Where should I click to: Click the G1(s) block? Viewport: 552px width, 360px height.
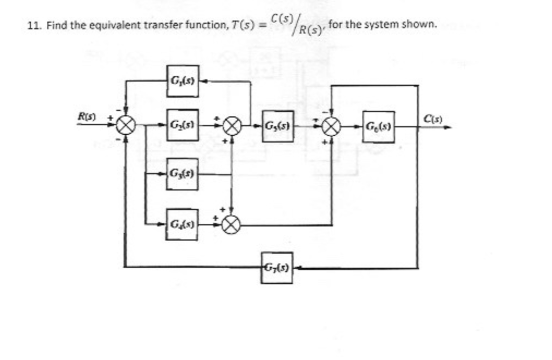pos(182,81)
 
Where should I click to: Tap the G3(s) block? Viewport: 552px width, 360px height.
pos(182,174)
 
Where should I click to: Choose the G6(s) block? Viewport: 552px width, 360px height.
pos(378,127)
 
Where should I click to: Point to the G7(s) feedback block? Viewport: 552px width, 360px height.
pos(277,267)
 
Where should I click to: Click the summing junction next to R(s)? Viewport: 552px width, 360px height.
pos(126,127)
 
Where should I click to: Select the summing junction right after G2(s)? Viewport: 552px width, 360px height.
pos(231,127)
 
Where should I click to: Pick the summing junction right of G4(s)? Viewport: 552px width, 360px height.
pos(231,224)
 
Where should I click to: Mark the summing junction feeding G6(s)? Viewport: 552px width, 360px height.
pos(330,127)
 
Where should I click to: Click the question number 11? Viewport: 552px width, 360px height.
pos(34,25)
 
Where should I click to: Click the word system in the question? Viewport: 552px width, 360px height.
pos(383,24)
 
